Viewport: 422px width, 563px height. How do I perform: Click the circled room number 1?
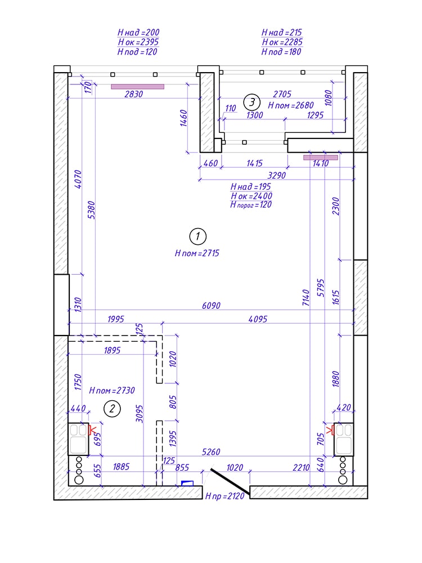pyautogui.click(x=197, y=236)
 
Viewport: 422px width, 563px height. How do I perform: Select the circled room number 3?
pyautogui.click(x=252, y=102)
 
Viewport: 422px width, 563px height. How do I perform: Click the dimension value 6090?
pyautogui.click(x=211, y=306)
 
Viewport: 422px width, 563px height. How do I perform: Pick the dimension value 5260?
pyautogui.click(x=211, y=452)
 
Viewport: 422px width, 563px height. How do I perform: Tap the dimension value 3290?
pyautogui.click(x=277, y=175)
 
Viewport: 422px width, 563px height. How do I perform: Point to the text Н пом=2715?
pyautogui.click(x=197, y=253)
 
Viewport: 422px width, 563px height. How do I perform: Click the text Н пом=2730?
pyautogui.click(x=112, y=390)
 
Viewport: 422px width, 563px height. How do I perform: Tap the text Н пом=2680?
pyautogui.click(x=290, y=105)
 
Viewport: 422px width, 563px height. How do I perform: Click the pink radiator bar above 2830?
pyautogui.click(x=137, y=87)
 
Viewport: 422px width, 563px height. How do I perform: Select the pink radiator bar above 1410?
pyautogui.click(x=321, y=158)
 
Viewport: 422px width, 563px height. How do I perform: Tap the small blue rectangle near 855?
pyautogui.click(x=187, y=482)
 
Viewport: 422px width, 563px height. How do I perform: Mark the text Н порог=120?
pyautogui.click(x=251, y=205)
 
